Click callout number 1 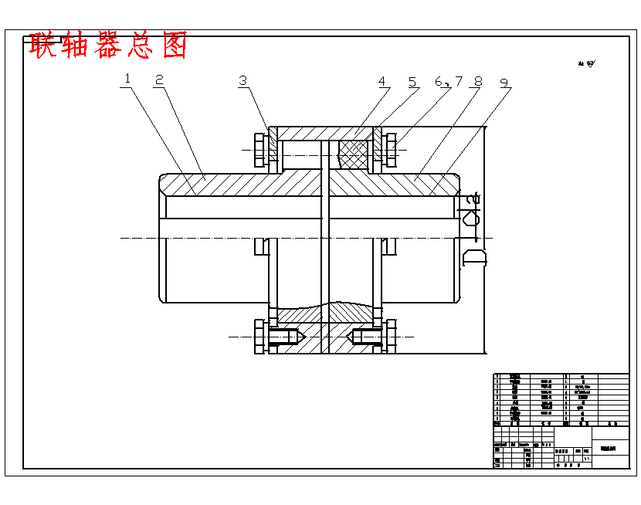point(127,80)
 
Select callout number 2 point(159,80)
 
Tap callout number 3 point(243,80)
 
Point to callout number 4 point(382,81)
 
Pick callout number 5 point(412,81)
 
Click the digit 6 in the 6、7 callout point(439,81)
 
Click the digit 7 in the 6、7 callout point(458,81)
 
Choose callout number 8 point(478,81)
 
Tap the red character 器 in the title point(108,46)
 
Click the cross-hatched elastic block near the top point(353,154)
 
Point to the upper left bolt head point(259,148)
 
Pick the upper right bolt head point(392,148)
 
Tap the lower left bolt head point(259,337)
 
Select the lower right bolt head point(392,337)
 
